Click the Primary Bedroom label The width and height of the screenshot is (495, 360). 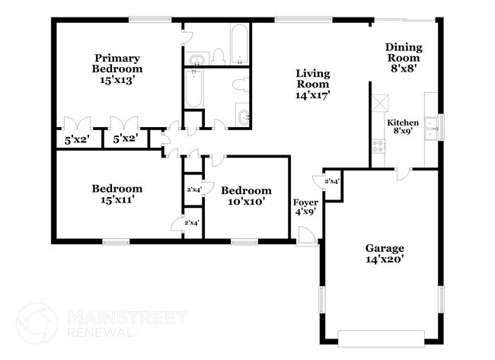pos(118,62)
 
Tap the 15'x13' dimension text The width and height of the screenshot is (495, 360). pos(118,78)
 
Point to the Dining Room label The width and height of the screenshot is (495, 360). pos(404,53)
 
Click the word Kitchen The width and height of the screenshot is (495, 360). pos(403,123)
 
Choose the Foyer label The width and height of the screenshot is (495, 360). pos(306,202)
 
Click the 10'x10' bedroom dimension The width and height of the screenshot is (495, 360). pos(246,202)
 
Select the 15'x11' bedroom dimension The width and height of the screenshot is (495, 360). pos(117,200)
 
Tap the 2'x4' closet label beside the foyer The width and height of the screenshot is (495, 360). pos(332,181)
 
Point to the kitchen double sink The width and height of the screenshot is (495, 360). pos(432,126)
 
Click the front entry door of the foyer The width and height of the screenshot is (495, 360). pos(306,238)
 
